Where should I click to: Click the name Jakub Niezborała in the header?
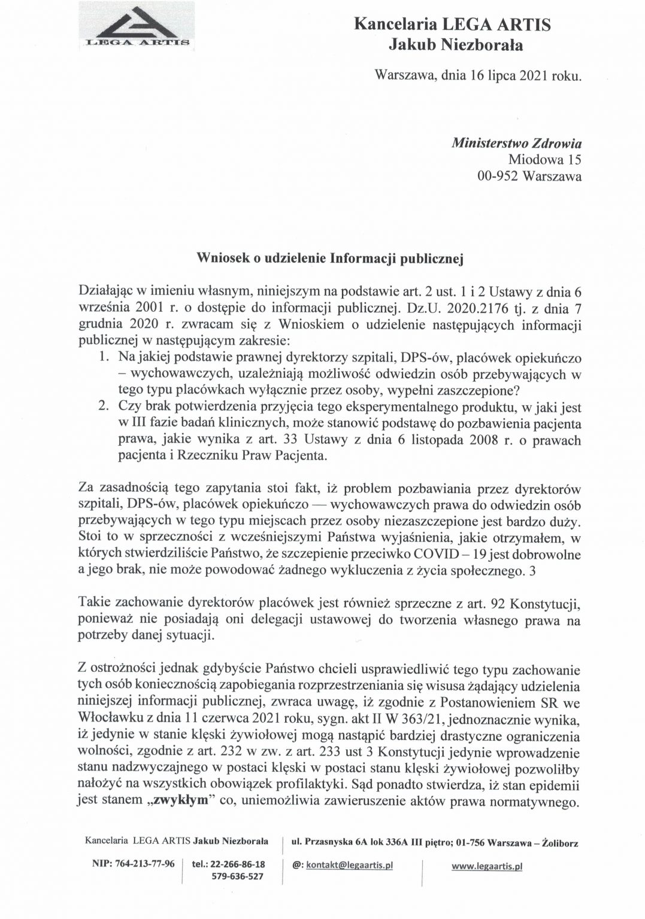[x=456, y=44]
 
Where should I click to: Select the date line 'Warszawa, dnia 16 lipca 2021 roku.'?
[x=477, y=76]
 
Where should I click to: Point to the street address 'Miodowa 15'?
[x=544, y=160]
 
